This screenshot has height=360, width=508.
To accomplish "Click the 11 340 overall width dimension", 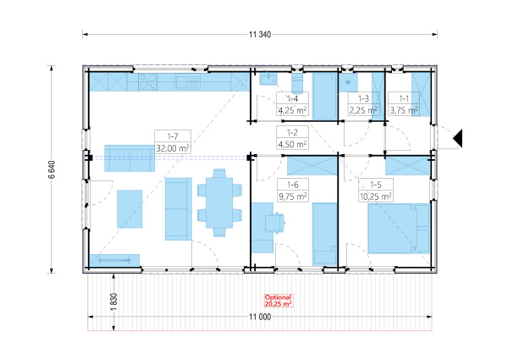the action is (260, 35).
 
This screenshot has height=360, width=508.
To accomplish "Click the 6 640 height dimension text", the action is (52, 169).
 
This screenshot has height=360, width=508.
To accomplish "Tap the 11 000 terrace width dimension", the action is (260, 317).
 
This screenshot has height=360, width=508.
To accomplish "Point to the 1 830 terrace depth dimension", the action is (113, 302).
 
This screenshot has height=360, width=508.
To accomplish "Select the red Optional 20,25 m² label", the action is (279, 301).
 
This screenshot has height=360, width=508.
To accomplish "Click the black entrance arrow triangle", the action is (458, 138).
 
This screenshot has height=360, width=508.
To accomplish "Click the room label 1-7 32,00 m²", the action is (173, 142).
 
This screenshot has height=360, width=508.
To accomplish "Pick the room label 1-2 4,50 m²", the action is (292, 138).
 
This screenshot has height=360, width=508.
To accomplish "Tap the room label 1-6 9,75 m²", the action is (293, 191).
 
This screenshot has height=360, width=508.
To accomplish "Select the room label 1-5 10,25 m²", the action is (375, 191).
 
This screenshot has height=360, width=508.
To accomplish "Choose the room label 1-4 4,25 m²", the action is (292, 104).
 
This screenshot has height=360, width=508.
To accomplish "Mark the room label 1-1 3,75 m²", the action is (404, 104).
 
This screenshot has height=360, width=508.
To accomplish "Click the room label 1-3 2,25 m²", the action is (363, 104).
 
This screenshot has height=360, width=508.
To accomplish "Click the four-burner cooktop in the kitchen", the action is (147, 81).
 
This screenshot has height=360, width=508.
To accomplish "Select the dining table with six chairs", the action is (219, 202).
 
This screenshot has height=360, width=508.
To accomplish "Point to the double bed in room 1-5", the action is (399, 228).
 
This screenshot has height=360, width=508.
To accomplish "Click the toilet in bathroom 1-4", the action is (297, 83).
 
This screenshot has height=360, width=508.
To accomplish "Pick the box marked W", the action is (348, 82).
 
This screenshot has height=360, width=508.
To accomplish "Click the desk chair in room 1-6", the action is (274, 222).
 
